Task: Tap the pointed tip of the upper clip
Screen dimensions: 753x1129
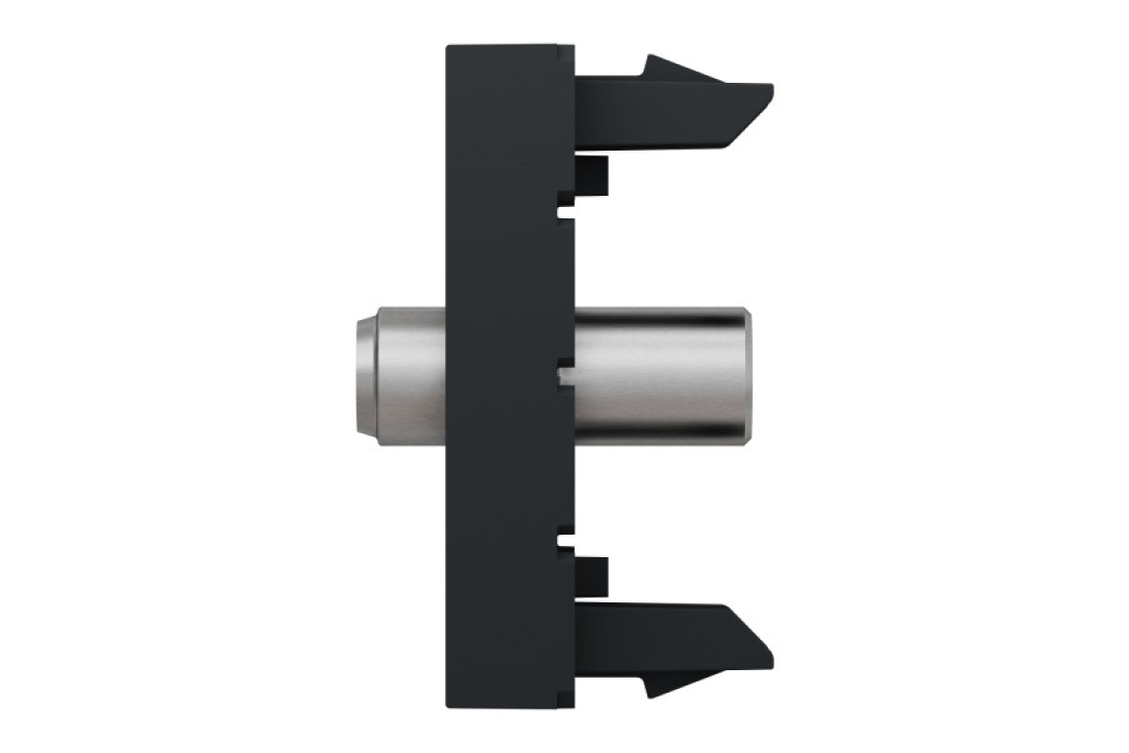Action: coord(769,91)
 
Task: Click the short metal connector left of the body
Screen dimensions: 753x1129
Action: coord(400,376)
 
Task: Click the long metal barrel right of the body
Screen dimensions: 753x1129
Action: coord(659,376)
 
